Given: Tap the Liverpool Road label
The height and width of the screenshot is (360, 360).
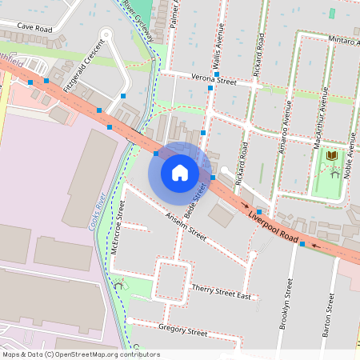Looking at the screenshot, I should point(274,228).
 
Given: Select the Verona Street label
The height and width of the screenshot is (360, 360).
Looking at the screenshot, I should point(214,80).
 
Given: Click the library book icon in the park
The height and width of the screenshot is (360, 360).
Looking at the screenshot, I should point(331,154).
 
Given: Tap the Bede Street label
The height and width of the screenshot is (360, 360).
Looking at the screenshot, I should point(194,201).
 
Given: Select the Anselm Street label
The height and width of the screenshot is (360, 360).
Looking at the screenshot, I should point(186,227).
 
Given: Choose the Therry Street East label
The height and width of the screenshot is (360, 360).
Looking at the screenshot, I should point(222,292).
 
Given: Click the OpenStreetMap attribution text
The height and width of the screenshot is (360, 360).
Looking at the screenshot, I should point(81,354).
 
